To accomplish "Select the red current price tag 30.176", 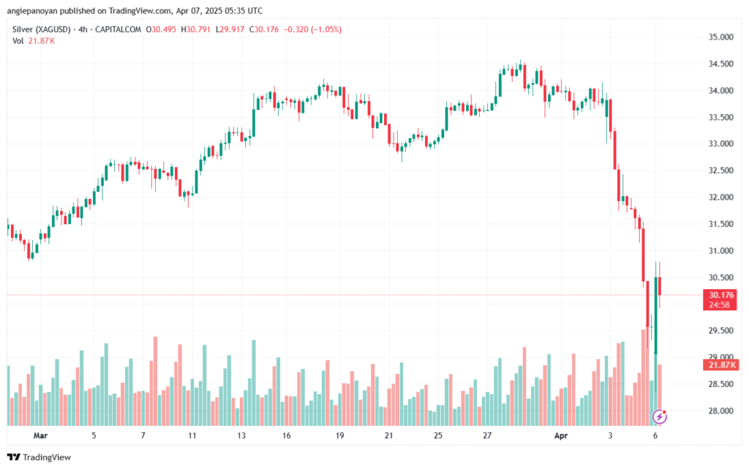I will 719,296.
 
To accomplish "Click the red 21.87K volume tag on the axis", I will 720,364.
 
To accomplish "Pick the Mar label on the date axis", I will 41,435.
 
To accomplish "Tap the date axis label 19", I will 339,435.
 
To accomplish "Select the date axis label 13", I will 241,435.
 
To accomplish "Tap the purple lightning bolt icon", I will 660,417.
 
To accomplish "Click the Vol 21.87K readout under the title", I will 34,41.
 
